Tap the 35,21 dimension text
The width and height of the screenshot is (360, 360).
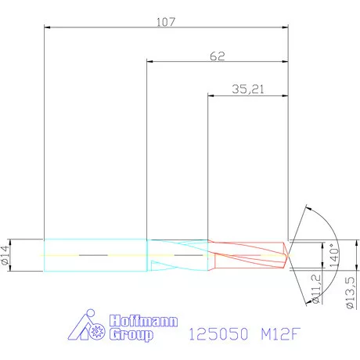click(x=248, y=89)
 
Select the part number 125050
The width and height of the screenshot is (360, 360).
click(x=219, y=334)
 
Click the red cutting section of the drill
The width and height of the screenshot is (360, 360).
click(x=247, y=255)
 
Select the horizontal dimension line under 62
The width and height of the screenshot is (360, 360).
click(x=188, y=62)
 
